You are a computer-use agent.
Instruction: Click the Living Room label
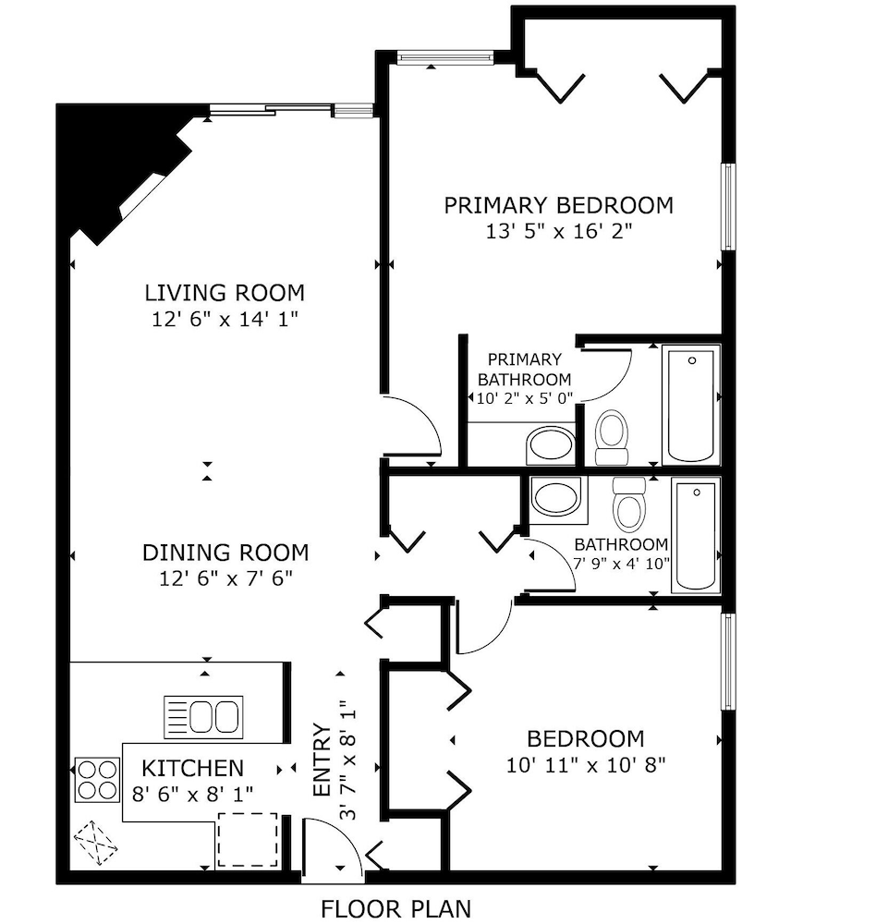225,294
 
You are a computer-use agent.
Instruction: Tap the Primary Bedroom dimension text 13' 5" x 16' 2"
558,232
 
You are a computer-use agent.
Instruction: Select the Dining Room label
225,553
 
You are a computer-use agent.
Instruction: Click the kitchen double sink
203,717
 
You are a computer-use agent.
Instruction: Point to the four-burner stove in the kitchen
97,779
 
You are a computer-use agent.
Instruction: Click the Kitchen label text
192,768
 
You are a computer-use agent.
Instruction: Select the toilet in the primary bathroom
611,437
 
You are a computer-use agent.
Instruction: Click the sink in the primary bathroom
551,445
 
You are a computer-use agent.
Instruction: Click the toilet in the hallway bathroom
629,503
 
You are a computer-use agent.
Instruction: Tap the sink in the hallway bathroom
558,499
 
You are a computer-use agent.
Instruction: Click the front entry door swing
335,845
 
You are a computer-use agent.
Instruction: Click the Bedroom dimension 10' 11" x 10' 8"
586,765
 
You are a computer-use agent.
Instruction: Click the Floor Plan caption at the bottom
395,909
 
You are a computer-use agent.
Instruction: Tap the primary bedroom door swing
413,427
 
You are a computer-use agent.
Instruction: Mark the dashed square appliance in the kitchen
247,839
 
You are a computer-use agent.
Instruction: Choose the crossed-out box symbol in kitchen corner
96,843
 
